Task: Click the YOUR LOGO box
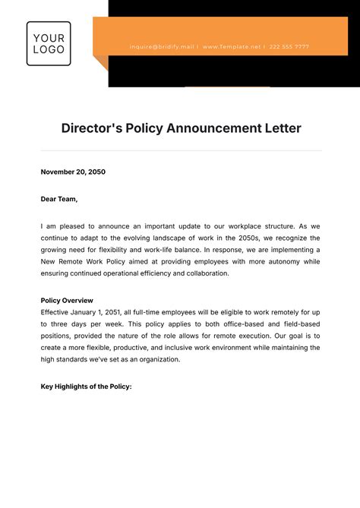coord(49,43)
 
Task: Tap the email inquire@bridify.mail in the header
coord(163,46)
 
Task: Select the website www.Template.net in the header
coord(231,46)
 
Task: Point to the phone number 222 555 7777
coord(289,46)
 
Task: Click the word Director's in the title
coord(92,128)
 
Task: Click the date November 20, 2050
coord(73,172)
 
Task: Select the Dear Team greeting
coord(59,199)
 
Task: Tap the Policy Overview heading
coord(67,300)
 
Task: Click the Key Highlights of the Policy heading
coord(86,387)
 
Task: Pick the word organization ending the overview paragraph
coord(159,359)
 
